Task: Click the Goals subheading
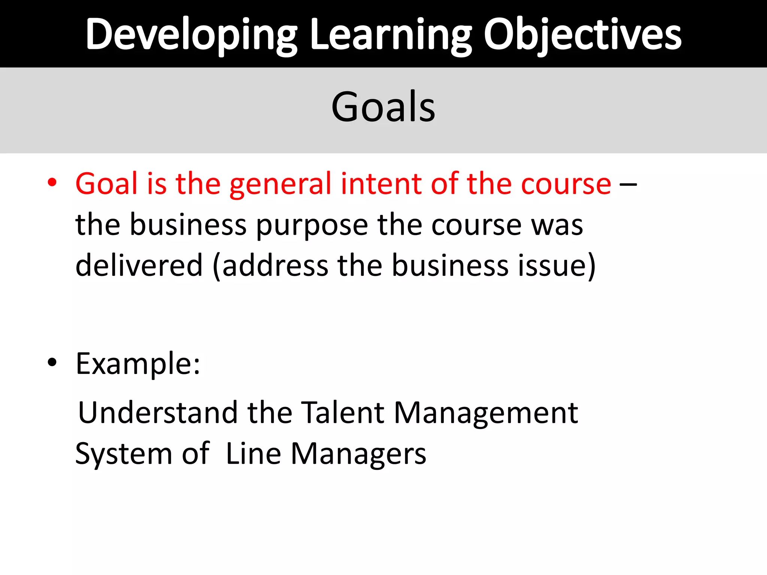pyautogui.click(x=383, y=107)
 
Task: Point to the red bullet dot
pyautogui.click(x=52, y=183)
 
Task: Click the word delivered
pyautogui.click(x=139, y=265)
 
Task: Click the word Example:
pyautogui.click(x=138, y=364)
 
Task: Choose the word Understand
pyautogui.click(x=158, y=413)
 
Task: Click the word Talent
pyautogui.click(x=342, y=413)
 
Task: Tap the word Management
pyautogui.click(x=486, y=413)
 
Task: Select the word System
pyautogui.click(x=124, y=454)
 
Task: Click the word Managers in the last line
pyautogui.click(x=358, y=454)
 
